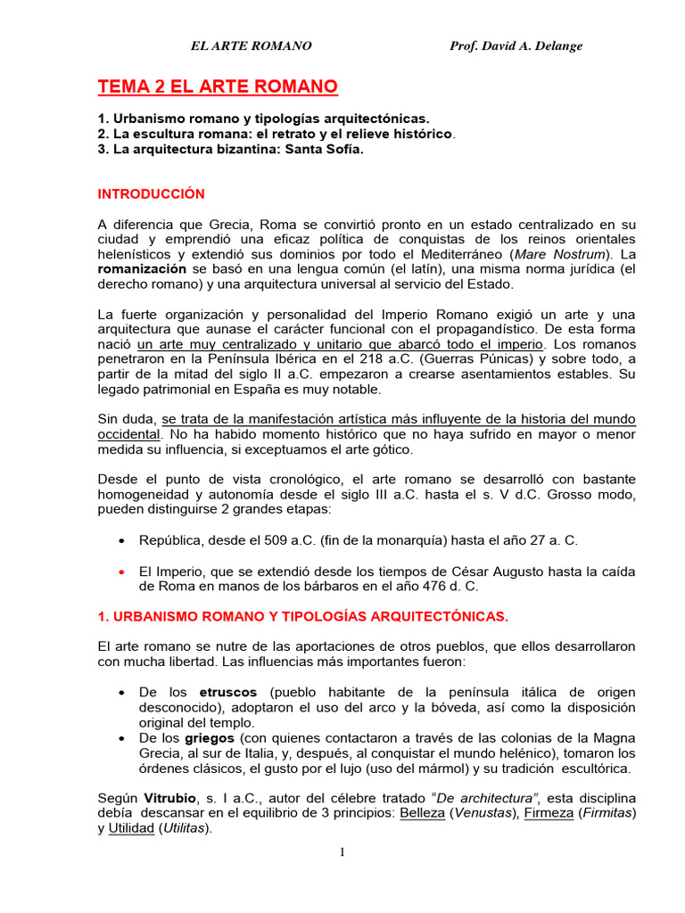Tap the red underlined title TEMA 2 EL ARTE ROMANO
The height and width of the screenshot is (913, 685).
pyautogui.click(x=218, y=86)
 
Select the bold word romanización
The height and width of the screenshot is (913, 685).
pyautogui.click(x=143, y=267)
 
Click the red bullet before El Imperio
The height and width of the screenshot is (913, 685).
pyautogui.click(x=121, y=571)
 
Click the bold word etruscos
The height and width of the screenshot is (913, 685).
pyautogui.click(x=227, y=692)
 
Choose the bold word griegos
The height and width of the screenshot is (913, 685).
pyautogui.click(x=210, y=738)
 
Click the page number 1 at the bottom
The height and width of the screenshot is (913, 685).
pyautogui.click(x=342, y=852)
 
